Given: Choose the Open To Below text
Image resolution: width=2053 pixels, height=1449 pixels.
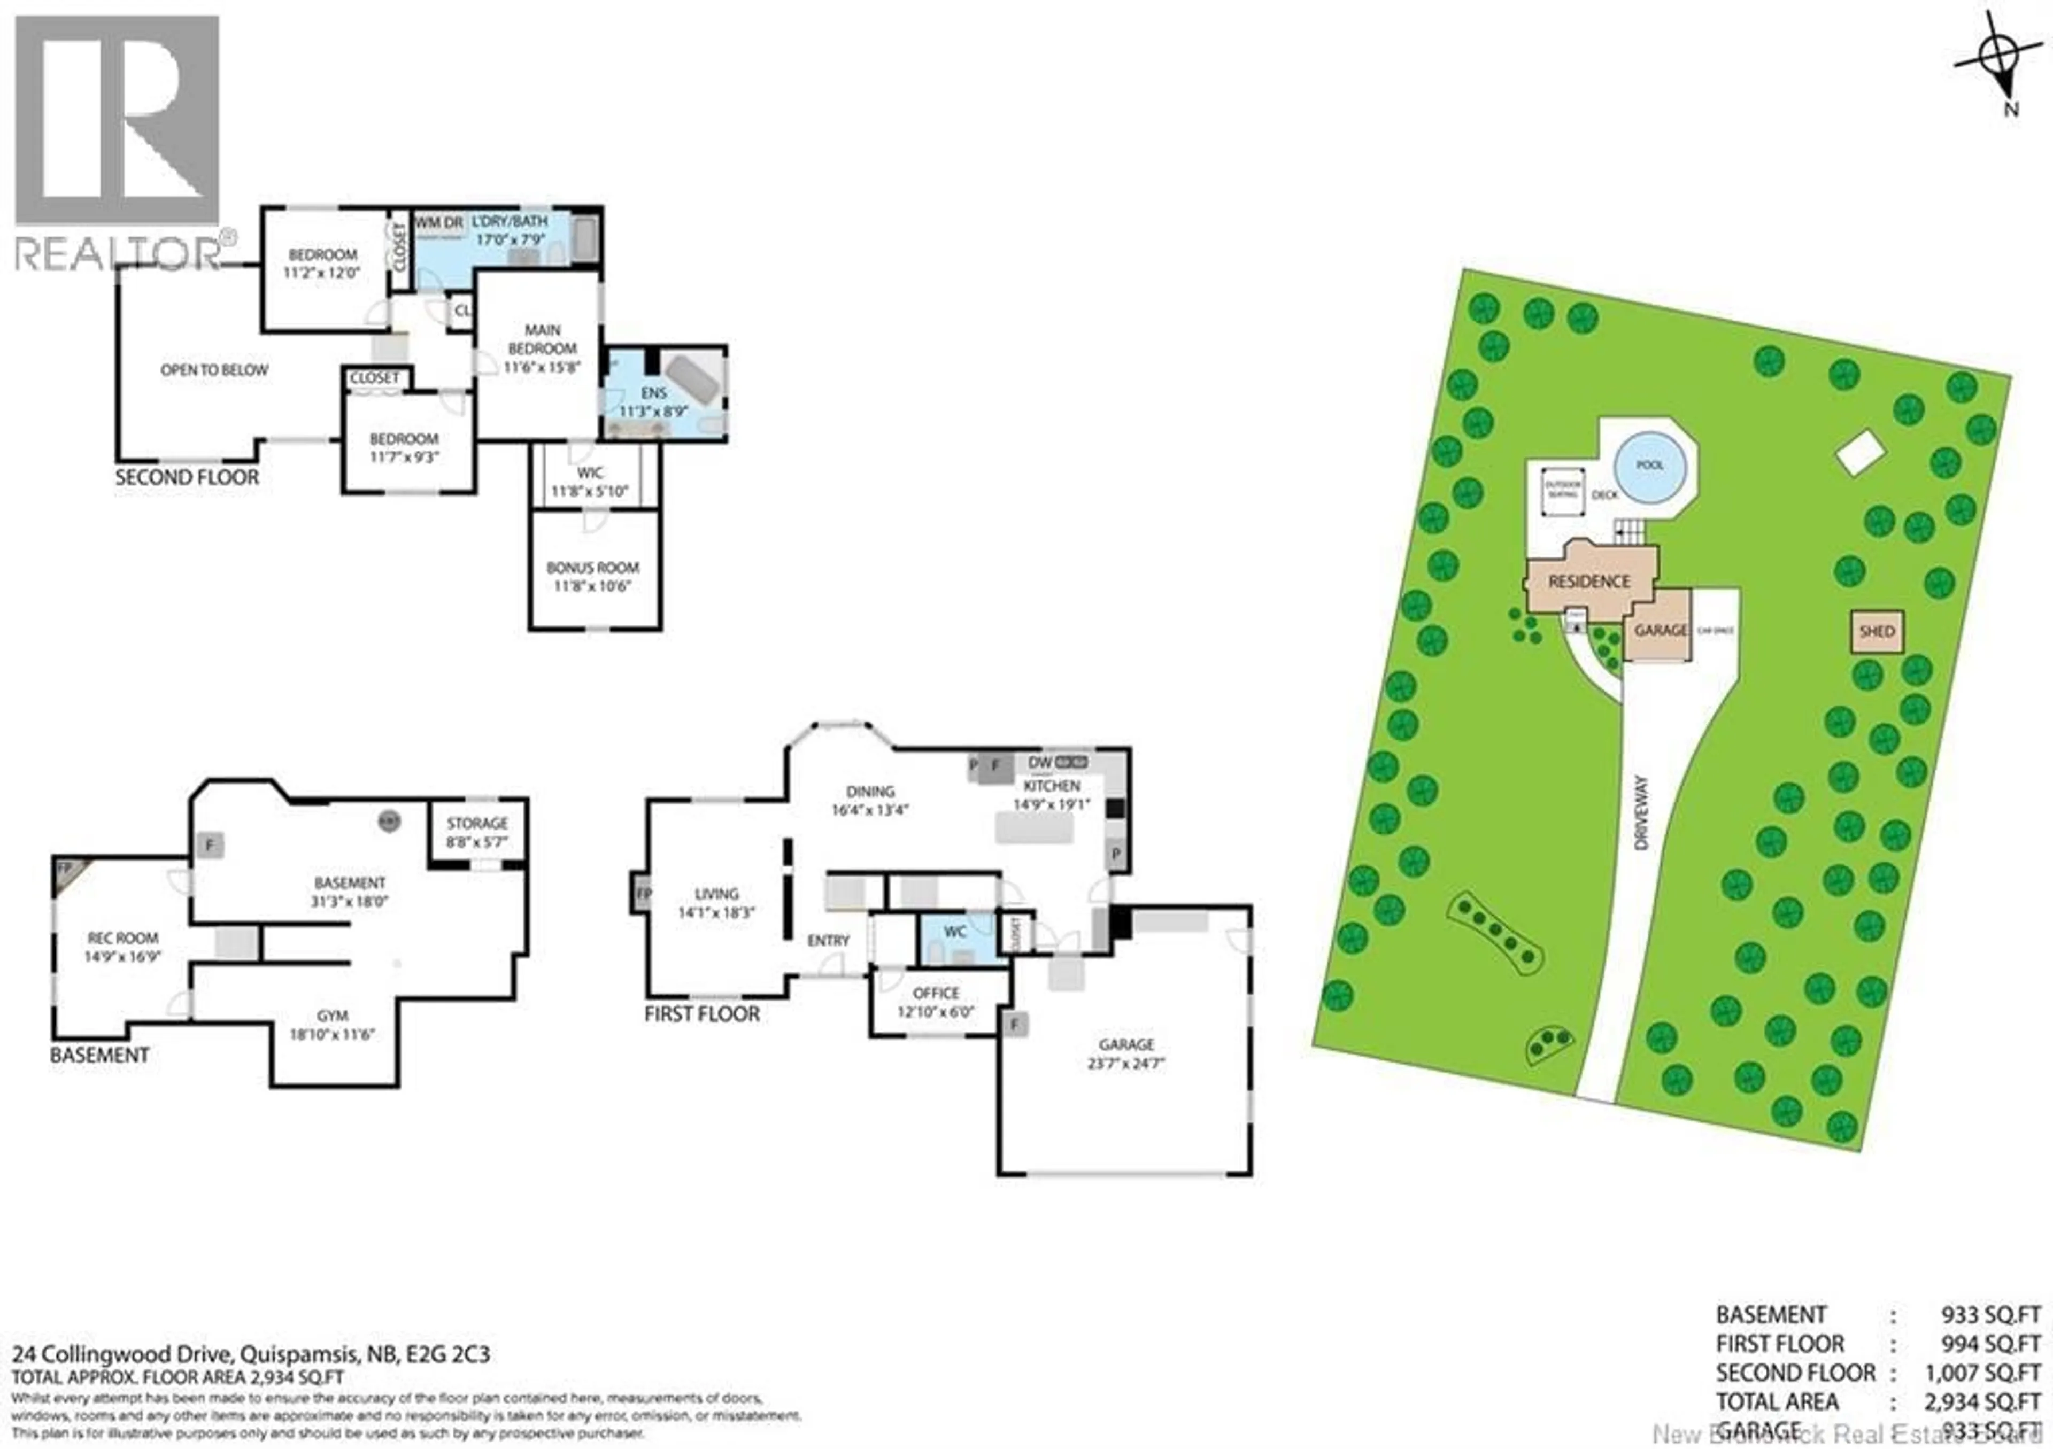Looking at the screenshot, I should tap(214, 370).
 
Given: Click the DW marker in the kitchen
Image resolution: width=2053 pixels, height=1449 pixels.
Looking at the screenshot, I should tap(1040, 763).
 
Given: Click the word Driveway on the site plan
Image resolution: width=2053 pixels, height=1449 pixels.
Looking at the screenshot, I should tap(1641, 812).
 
